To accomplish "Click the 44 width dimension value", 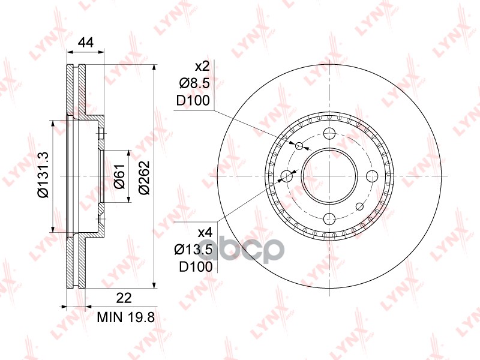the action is tap(85, 43).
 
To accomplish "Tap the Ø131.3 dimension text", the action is tap(43, 176).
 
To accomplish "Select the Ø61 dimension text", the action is tap(119, 176).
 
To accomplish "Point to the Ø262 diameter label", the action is tap(144, 177).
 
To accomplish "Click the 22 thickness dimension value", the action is tap(124, 298).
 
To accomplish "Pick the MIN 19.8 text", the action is tap(126, 317).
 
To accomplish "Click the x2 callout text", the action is tap(202, 66).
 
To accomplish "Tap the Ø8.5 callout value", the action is tap(194, 83).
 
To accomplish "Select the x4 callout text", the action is tap(205, 233).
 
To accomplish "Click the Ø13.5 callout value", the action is tap(193, 250).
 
